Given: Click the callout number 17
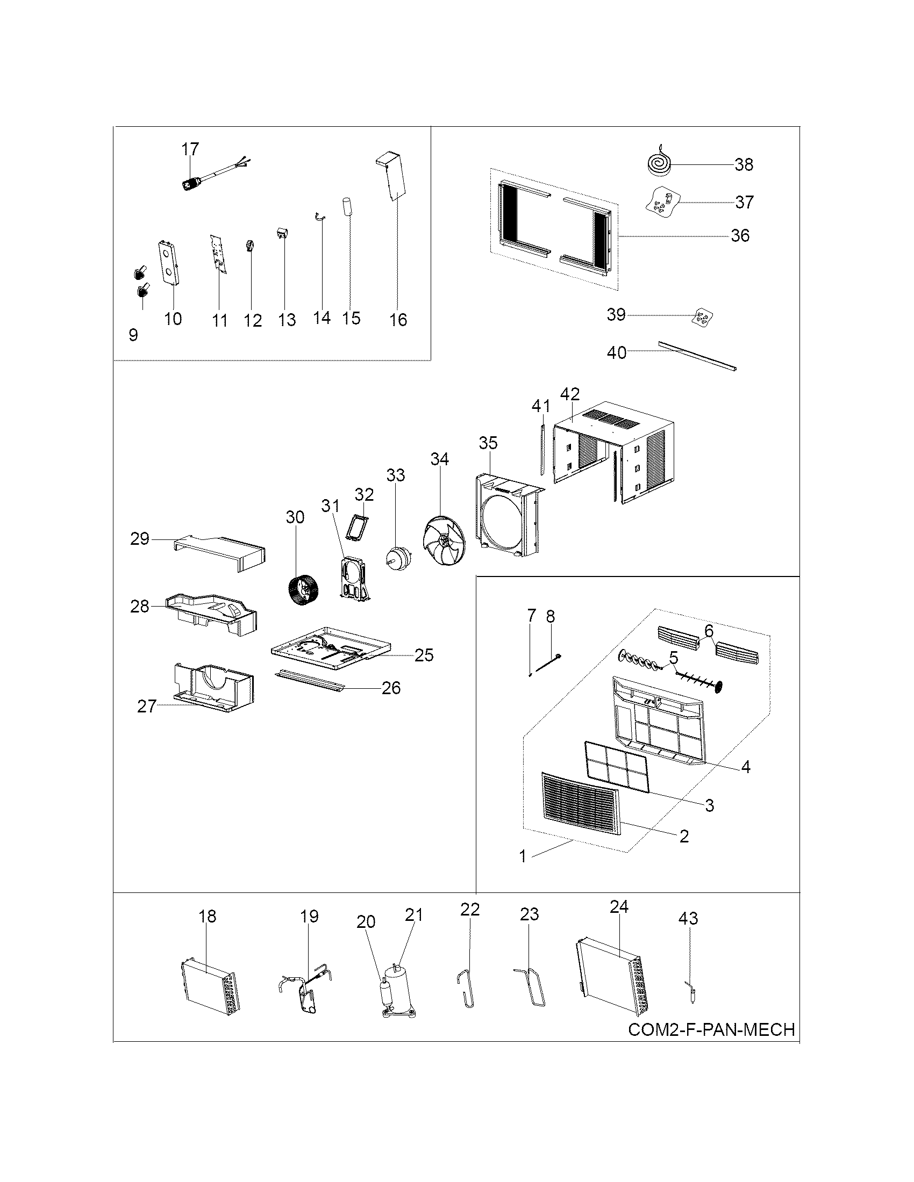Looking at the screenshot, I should click(x=190, y=149).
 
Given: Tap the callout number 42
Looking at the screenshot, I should click(x=569, y=394).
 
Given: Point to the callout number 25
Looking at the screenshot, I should click(x=424, y=655).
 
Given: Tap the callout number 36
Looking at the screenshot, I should click(x=740, y=235).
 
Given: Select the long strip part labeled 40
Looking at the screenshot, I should click(x=697, y=356).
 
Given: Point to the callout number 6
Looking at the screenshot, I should click(x=709, y=631).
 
